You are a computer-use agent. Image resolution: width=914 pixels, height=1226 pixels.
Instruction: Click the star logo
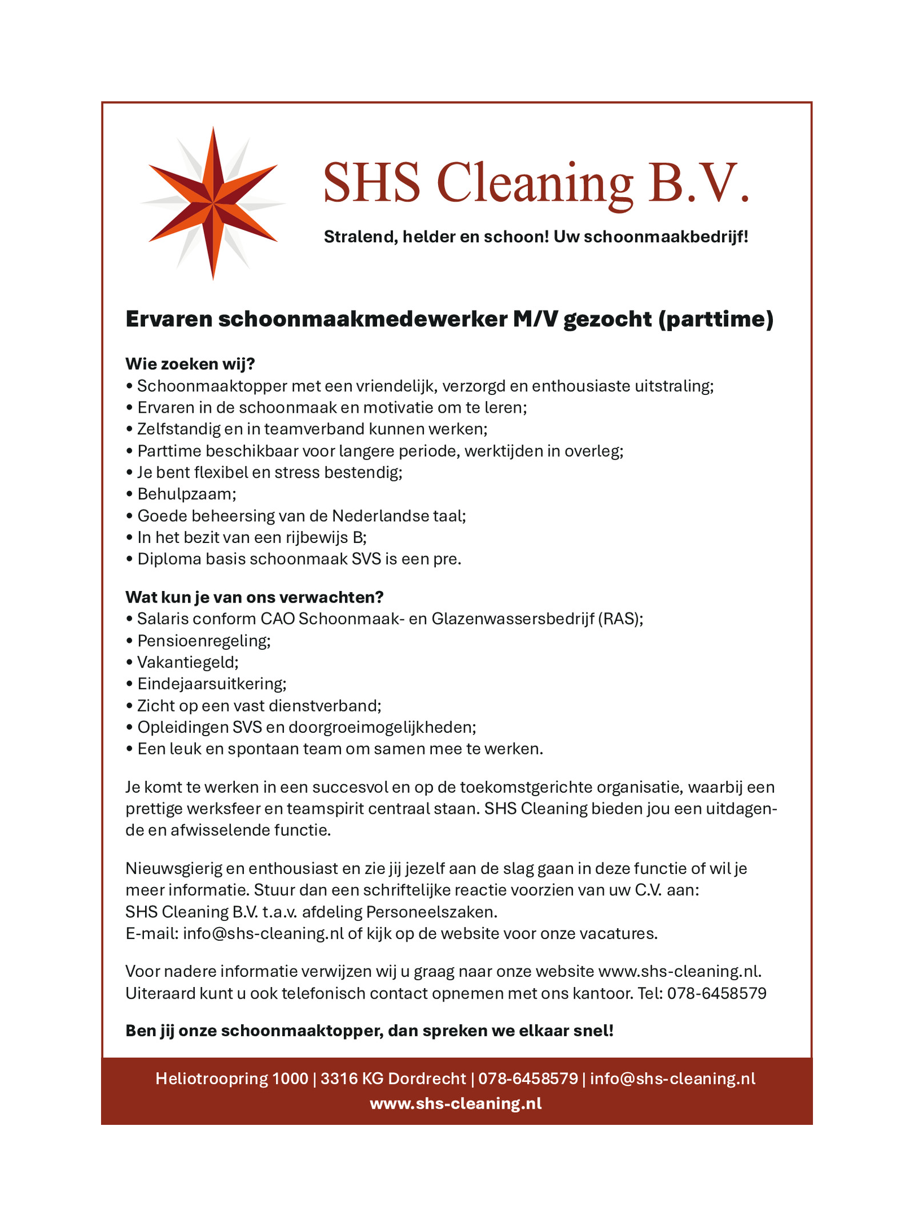(x=213, y=203)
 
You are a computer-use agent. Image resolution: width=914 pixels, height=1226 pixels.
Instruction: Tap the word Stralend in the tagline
(x=360, y=237)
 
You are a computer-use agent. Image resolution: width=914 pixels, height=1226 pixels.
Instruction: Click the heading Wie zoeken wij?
(x=190, y=364)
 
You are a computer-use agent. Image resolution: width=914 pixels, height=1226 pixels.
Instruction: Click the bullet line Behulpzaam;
(x=186, y=494)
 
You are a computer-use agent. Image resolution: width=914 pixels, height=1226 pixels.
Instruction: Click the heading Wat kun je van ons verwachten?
(x=254, y=597)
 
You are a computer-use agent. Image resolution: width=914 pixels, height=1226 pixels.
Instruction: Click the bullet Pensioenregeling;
(x=204, y=641)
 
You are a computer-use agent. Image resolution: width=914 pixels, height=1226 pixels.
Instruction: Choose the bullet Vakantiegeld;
(x=188, y=662)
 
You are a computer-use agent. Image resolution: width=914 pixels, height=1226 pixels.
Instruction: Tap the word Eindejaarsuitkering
(x=211, y=684)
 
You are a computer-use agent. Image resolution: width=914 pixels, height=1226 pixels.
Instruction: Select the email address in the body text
(x=263, y=933)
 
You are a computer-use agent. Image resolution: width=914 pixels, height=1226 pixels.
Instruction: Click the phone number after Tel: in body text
(x=716, y=993)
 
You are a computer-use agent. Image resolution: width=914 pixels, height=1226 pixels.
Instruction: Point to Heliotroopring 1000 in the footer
(x=231, y=1079)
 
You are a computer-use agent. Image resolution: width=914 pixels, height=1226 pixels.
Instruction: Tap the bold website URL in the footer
(x=456, y=1104)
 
